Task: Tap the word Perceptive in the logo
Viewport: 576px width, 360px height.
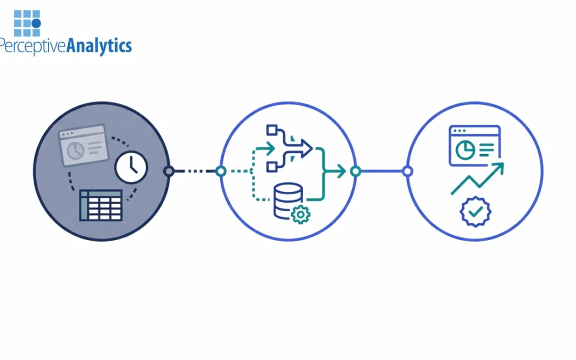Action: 33,46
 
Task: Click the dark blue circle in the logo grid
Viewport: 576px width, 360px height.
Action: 36,23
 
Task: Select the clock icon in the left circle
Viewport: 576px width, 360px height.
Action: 131,167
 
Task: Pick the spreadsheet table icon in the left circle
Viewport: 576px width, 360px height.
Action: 101,205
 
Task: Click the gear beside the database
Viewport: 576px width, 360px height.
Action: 301,214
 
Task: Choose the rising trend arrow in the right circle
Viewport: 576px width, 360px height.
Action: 477,179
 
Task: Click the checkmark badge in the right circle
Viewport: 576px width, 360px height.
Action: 475,212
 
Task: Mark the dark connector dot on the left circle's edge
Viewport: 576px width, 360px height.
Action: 169,171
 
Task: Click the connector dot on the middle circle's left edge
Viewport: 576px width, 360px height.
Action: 221,171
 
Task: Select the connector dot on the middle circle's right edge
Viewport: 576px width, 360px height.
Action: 356,171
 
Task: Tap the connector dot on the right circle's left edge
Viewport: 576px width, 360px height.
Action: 407,171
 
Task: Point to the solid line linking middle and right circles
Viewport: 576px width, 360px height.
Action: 381,171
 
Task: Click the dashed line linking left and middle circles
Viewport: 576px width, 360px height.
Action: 195,171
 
